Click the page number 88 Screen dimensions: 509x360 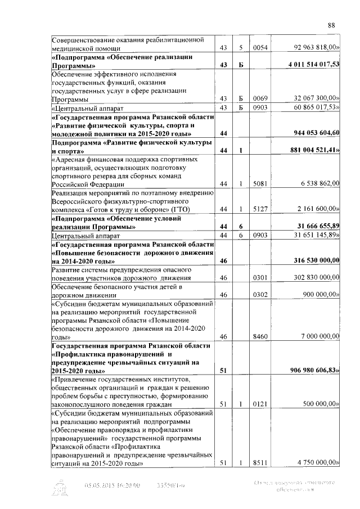click(x=331, y=25)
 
